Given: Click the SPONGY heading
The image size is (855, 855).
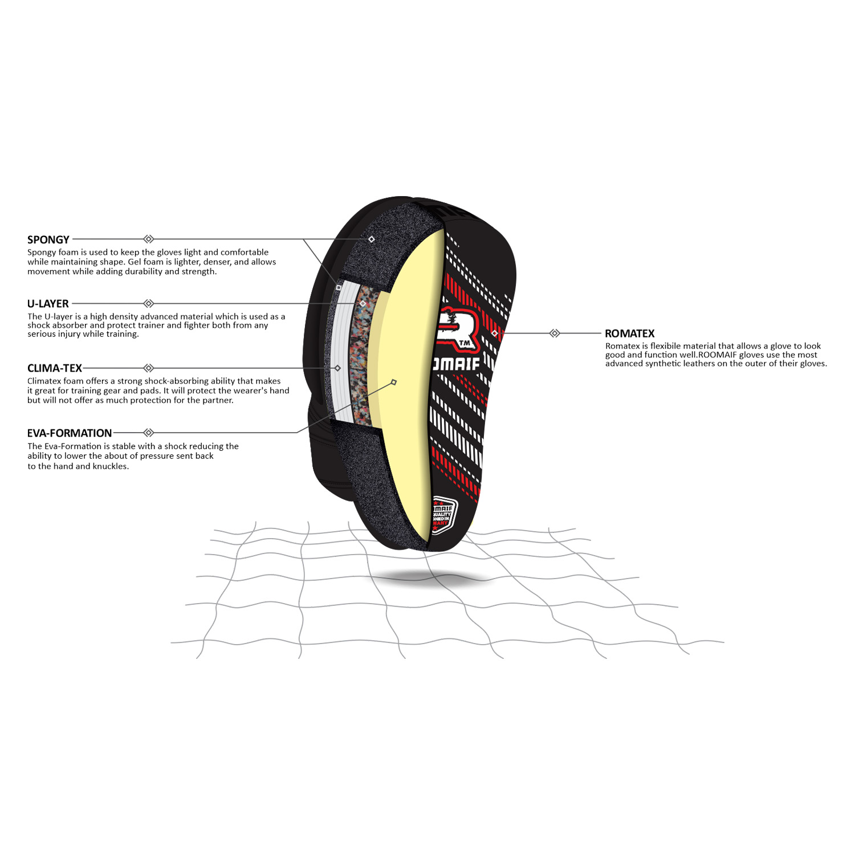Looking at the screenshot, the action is pyautogui.click(x=48, y=239).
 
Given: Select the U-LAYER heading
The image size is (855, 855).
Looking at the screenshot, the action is pyautogui.click(x=48, y=304).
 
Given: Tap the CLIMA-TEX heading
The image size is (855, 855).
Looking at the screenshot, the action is pyautogui.click(x=55, y=368).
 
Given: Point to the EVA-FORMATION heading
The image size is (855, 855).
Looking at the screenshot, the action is pyautogui.click(x=70, y=433).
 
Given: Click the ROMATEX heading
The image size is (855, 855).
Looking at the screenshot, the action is pyautogui.click(x=630, y=333).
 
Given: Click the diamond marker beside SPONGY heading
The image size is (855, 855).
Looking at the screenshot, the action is pyautogui.click(x=149, y=239).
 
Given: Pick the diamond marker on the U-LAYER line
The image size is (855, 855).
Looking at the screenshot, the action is pyautogui.click(x=149, y=303).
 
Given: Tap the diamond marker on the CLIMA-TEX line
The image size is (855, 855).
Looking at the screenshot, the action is pyautogui.click(x=149, y=368).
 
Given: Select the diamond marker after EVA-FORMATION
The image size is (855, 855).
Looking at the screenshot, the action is pyautogui.click(x=149, y=433).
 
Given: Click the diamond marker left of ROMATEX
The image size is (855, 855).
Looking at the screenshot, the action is pyautogui.click(x=555, y=333).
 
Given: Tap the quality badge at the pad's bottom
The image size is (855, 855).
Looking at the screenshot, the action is pyautogui.click(x=443, y=515).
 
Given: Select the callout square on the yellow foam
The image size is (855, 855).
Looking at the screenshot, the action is pyautogui.click(x=394, y=382).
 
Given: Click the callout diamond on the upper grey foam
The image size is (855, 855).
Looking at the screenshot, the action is pyautogui.click(x=372, y=239).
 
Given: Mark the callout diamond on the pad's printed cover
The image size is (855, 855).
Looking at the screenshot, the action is pyautogui.click(x=494, y=333).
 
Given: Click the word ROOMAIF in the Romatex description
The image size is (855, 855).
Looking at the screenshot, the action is pyautogui.click(x=718, y=355).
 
